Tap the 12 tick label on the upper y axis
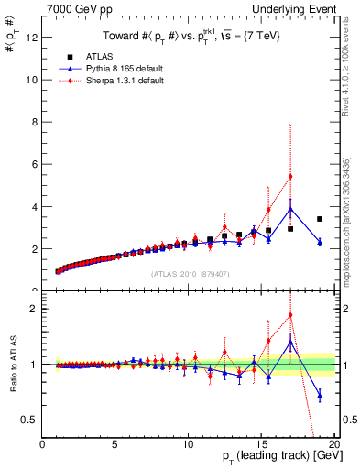pyautogui.click(x=32, y=38)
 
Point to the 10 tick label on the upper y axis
pyautogui.click(x=32, y=80)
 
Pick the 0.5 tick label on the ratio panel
pyautogui.click(x=30, y=420)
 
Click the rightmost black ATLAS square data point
pyautogui.click(x=320, y=219)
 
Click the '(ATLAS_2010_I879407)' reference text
pyautogui.click(x=190, y=273)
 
